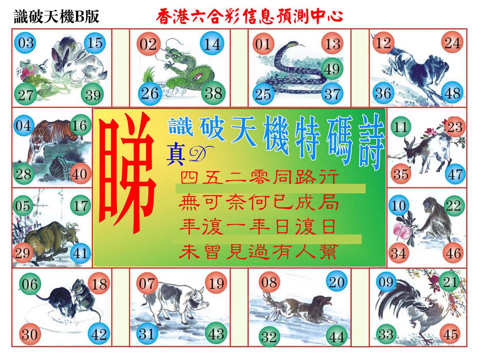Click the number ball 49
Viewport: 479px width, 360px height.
point(332,69)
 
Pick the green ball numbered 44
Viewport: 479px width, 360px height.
point(337,336)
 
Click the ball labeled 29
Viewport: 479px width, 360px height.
point(23,253)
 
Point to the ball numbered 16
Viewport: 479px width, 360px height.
point(80,125)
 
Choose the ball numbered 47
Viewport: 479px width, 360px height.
point(455,174)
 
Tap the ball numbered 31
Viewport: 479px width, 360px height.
point(147,334)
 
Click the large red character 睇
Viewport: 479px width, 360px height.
point(128,173)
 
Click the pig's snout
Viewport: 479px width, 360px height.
point(205,304)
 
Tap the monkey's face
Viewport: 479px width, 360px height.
point(427,205)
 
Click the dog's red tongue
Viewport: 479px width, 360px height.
point(330,303)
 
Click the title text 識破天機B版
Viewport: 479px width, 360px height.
point(57,17)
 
